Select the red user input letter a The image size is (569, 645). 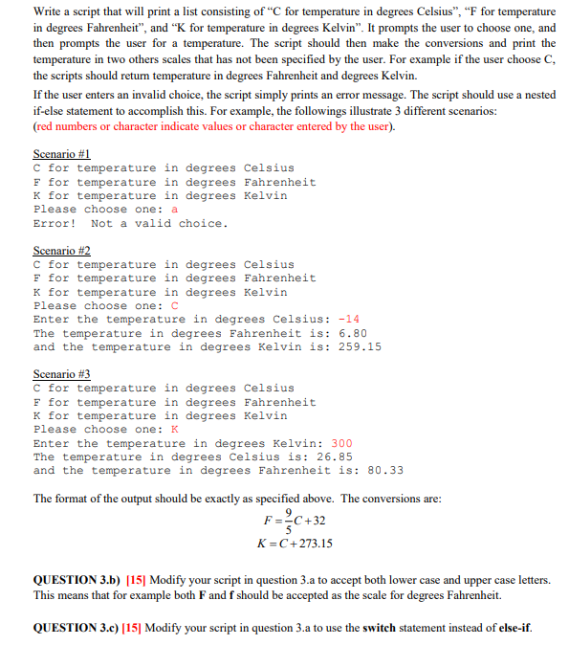click(x=174, y=210)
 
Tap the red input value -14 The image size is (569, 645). click(x=348, y=320)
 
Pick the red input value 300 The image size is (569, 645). click(x=341, y=443)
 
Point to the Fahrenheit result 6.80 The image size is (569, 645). click(x=352, y=333)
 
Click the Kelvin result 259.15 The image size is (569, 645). click(x=359, y=346)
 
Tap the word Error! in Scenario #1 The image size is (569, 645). click(x=55, y=223)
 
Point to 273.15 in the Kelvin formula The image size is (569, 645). click(x=314, y=544)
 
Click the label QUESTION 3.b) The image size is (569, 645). click(x=82, y=581)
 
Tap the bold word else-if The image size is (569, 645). click(x=512, y=628)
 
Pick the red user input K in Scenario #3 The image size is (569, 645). click(x=174, y=430)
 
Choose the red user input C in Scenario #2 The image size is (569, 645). click(x=174, y=306)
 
